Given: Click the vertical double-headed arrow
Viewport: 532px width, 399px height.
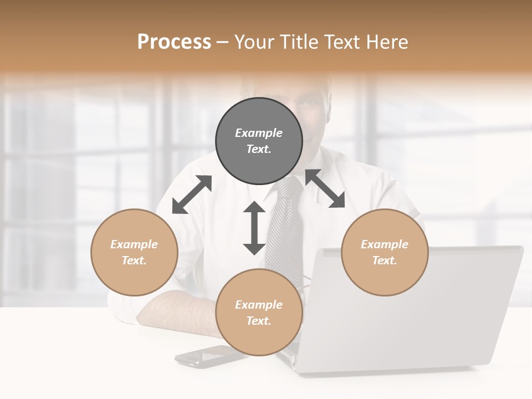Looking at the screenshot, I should tap(254, 228).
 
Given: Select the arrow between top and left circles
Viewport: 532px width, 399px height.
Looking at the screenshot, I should tap(192, 195).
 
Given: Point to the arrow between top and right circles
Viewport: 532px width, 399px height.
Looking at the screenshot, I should tap(325, 188).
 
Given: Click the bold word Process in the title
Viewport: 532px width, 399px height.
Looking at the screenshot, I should tap(174, 42).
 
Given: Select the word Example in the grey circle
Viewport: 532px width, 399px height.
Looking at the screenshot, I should tap(259, 133).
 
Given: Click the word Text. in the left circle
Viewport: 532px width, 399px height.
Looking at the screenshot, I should tap(134, 260).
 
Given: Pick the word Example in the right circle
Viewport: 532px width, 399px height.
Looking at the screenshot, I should tap(385, 244).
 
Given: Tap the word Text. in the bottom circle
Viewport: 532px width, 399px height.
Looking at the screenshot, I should tap(259, 321).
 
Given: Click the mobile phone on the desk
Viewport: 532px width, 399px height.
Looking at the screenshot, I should tap(205, 356).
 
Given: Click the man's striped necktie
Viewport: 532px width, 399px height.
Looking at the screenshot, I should tap(285, 233).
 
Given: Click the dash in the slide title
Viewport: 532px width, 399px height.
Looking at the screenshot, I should tap(223, 42).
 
